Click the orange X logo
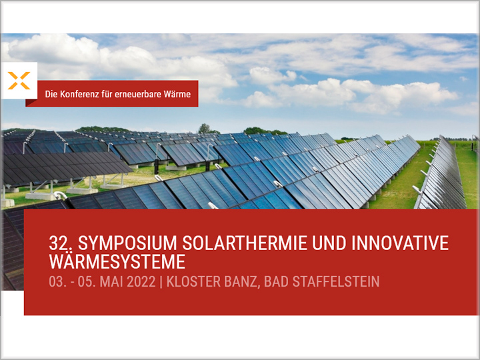click(19, 81)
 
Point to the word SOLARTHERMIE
click(245, 243)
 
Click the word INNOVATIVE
click(400, 243)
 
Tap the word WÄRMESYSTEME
click(117, 262)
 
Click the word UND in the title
click(329, 243)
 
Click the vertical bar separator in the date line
click(161, 282)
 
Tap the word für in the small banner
click(107, 94)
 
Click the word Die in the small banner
click(51, 94)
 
